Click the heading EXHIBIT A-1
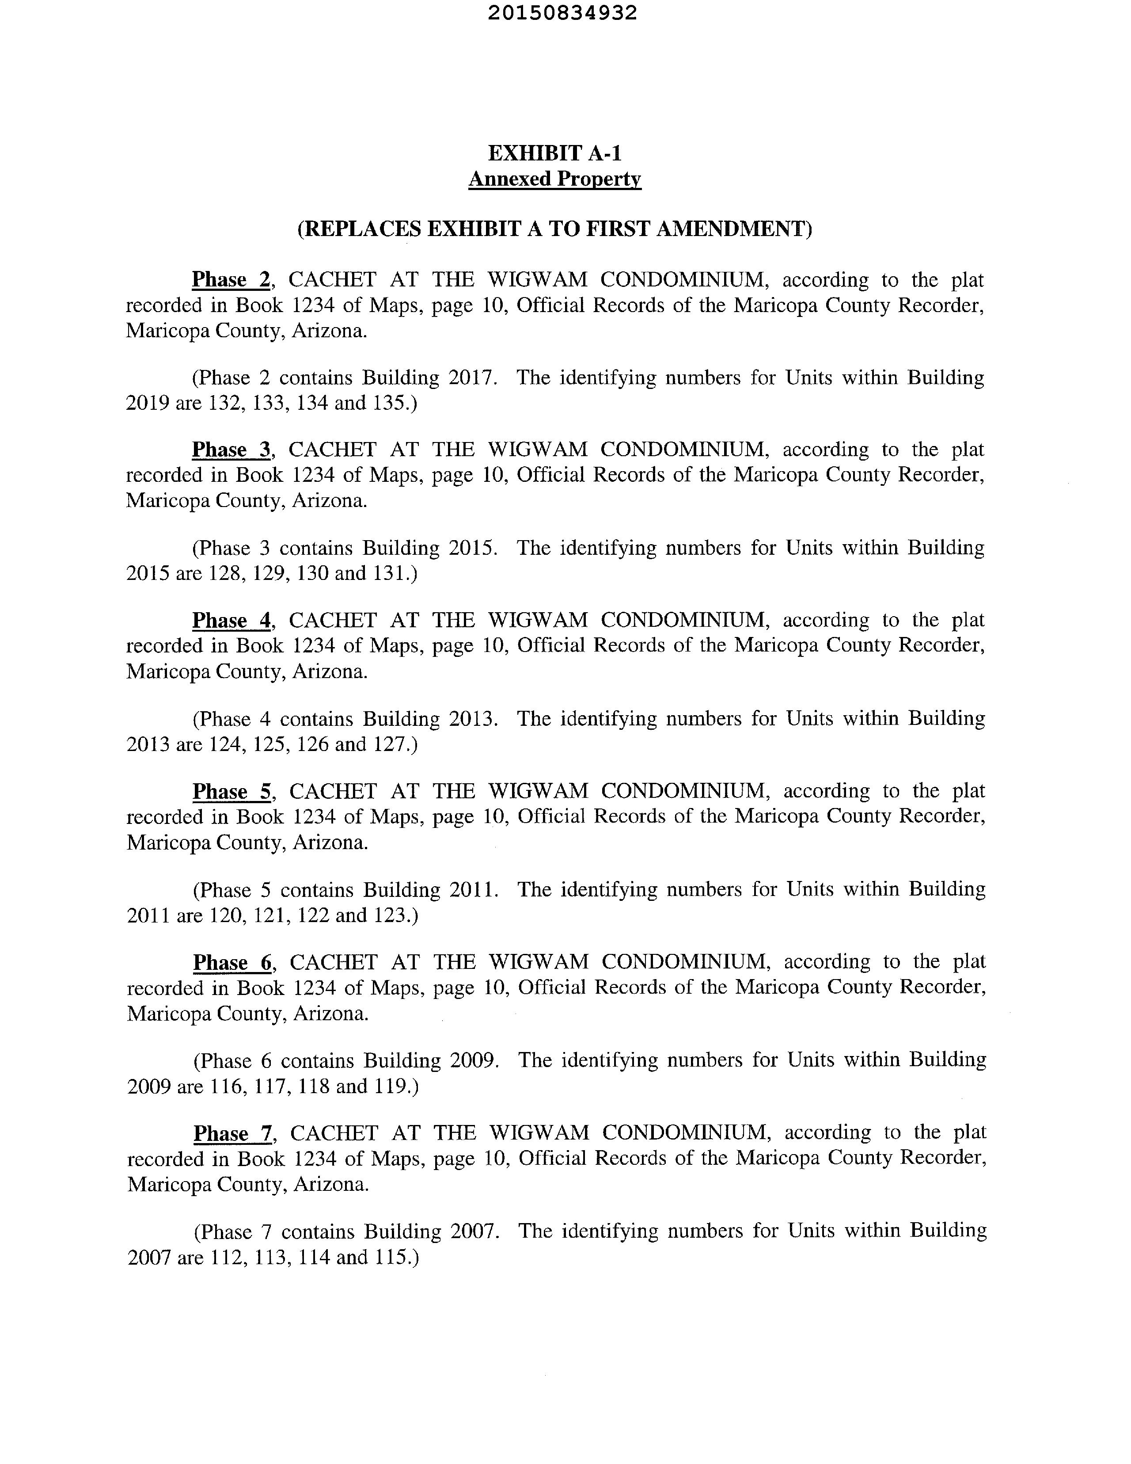[x=555, y=153]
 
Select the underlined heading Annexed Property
[x=555, y=179]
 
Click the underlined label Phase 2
[x=231, y=279]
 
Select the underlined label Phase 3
[x=231, y=450]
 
